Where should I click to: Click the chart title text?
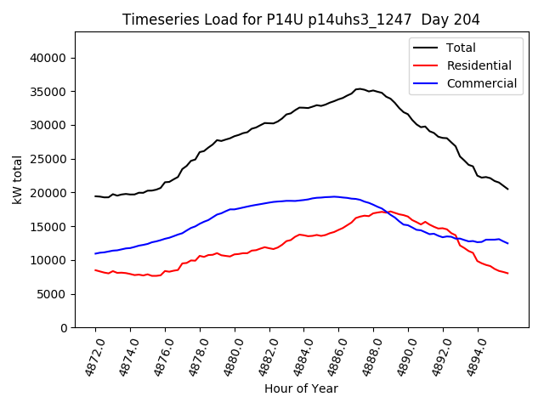coord(301,20)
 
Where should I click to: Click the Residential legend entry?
coord(479,65)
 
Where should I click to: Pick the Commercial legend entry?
coord(482,83)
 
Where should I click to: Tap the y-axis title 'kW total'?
coord(17,179)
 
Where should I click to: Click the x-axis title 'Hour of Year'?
coord(301,388)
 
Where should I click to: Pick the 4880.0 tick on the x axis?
coord(228,355)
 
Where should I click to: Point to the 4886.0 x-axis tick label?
coord(332,355)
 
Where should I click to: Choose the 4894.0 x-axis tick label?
coord(472,355)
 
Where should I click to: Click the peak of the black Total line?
coord(360,88)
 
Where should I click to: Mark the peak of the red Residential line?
coord(389,211)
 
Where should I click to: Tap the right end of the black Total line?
coord(508,189)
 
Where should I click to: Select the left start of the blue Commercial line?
coord(95,253)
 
